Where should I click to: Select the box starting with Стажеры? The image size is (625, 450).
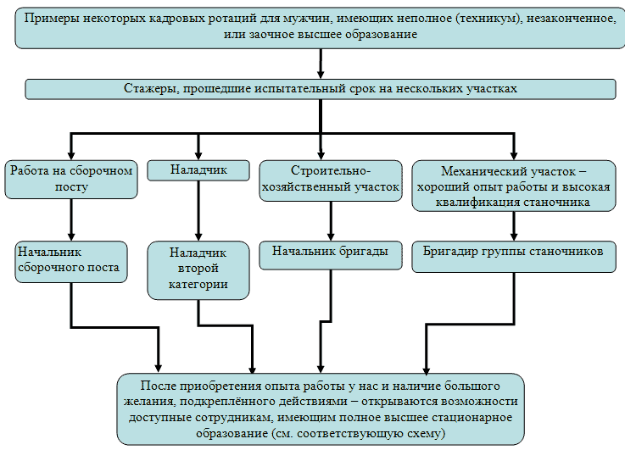(x=320, y=88)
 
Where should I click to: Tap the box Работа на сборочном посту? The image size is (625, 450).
(x=71, y=179)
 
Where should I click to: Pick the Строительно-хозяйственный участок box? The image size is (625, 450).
(x=330, y=179)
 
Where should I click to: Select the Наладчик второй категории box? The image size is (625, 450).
(x=198, y=269)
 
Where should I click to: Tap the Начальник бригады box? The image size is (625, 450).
(x=330, y=251)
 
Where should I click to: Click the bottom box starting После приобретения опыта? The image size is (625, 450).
(x=320, y=408)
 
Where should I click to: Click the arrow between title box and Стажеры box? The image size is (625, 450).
(x=320, y=64)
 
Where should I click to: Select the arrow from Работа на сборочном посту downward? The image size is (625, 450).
(x=71, y=219)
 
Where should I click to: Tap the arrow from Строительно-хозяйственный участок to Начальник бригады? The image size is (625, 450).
(x=330, y=219)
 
